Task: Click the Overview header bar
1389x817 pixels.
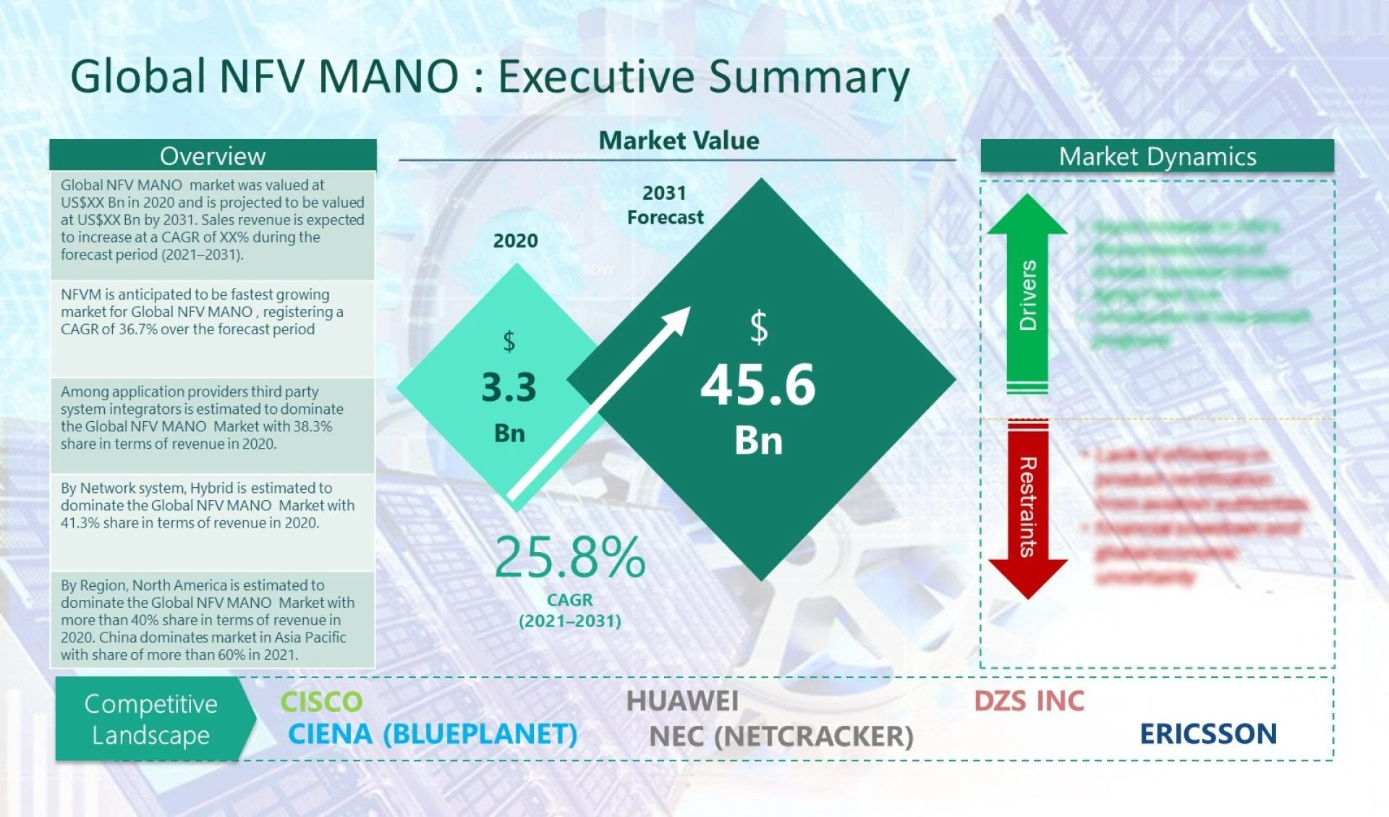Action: click(x=213, y=156)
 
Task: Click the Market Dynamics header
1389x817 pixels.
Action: click(x=1157, y=156)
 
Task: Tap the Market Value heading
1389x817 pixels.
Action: click(x=679, y=140)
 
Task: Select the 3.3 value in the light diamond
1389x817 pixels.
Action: click(x=509, y=387)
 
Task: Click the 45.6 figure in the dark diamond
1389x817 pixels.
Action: click(x=757, y=385)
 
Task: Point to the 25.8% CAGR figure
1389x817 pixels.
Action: click(x=569, y=557)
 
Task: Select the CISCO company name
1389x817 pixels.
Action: click(x=321, y=701)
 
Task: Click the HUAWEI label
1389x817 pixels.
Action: click(x=682, y=700)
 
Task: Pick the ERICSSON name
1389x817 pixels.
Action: click(x=1208, y=734)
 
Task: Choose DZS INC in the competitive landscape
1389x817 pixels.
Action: click(x=1029, y=700)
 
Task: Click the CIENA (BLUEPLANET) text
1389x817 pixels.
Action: click(x=433, y=734)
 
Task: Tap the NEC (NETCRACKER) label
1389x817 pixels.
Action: click(x=781, y=736)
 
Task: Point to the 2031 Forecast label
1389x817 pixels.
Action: click(x=665, y=205)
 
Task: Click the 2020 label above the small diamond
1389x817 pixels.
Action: click(x=515, y=241)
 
